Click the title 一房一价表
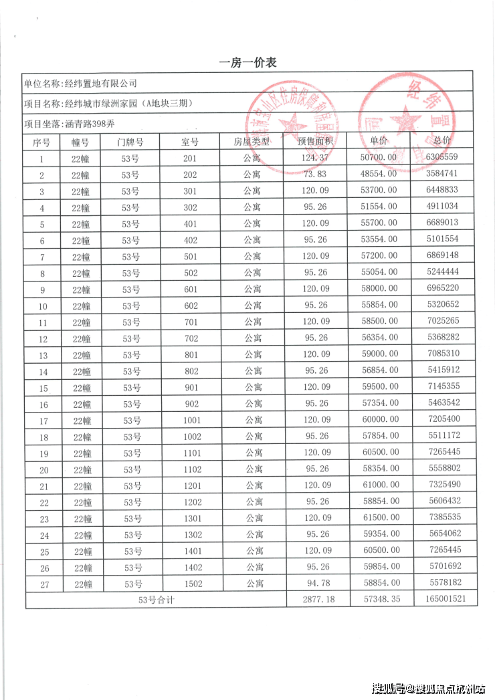coord(248,63)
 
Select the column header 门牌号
coord(130,142)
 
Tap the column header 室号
coord(191,142)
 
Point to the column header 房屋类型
coord(252,142)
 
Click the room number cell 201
coord(191,158)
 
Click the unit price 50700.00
coord(379,158)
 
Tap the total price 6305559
coord(442,158)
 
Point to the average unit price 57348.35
coord(379,600)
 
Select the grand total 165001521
coord(445,600)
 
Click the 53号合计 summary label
coord(156,600)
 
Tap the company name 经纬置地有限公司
coord(100,84)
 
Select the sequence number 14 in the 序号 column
coord(43,372)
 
